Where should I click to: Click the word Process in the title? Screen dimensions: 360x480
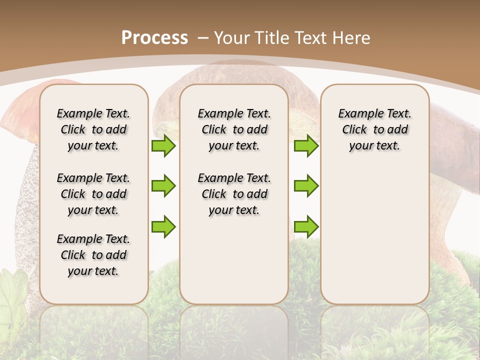pyautogui.click(x=154, y=38)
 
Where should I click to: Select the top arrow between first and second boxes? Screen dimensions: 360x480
pyautogui.click(x=163, y=145)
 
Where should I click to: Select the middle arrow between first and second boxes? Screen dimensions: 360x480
pyautogui.click(x=163, y=186)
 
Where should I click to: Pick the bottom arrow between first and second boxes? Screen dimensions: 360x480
pyautogui.click(x=163, y=226)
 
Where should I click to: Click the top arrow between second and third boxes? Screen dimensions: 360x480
pyautogui.click(x=306, y=145)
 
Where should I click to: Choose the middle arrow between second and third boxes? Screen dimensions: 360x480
pyautogui.click(x=306, y=186)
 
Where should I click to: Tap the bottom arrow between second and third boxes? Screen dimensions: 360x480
pyautogui.click(x=306, y=226)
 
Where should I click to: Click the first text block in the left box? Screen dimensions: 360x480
pyautogui.click(x=93, y=129)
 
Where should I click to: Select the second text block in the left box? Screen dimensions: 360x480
pyautogui.click(x=93, y=194)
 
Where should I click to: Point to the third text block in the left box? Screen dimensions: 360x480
pyautogui.click(x=93, y=255)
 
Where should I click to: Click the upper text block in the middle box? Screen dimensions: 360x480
pyautogui.click(x=234, y=129)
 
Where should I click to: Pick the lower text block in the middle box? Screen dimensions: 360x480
pyautogui.click(x=234, y=194)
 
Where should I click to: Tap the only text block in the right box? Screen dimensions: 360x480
pyautogui.click(x=375, y=129)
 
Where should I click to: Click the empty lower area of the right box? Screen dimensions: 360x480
pyautogui.click(x=375, y=240)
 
